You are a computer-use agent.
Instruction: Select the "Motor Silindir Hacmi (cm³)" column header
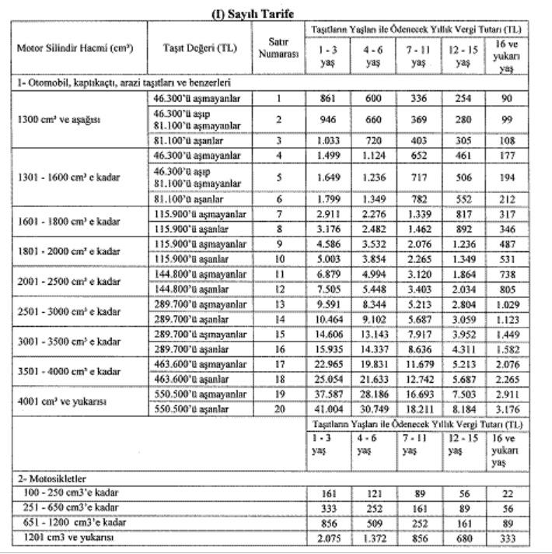(75, 49)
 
